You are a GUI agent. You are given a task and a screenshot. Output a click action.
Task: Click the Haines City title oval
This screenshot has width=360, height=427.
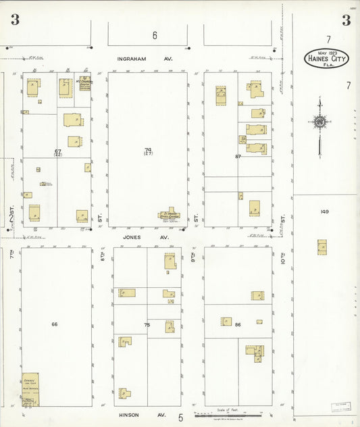[x=326, y=58]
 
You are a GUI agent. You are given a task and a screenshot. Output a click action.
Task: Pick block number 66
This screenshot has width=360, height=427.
[x=54, y=324]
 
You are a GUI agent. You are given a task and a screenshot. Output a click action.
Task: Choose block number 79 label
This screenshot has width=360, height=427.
[x=147, y=150]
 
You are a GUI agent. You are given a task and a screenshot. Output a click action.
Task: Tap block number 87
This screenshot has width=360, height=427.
[x=238, y=156]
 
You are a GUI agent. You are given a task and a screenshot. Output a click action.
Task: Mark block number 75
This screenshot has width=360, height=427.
[x=147, y=325]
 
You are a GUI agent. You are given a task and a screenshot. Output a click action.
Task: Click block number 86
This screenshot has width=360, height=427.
[x=238, y=325]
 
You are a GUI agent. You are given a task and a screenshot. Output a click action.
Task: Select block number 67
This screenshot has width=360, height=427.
[x=58, y=151]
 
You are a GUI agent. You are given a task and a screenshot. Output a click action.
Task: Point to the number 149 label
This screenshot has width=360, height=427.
[x=324, y=211]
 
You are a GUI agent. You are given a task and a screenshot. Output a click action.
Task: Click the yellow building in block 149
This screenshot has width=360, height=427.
[x=322, y=247]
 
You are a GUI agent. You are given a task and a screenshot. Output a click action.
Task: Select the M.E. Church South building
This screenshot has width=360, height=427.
[x=84, y=84]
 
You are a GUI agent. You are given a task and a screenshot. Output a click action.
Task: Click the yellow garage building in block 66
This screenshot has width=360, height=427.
[x=30, y=389]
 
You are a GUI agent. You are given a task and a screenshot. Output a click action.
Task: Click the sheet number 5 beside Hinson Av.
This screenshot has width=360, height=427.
[x=180, y=418]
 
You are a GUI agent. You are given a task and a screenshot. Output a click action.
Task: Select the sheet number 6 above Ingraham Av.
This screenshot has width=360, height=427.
[x=154, y=35]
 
